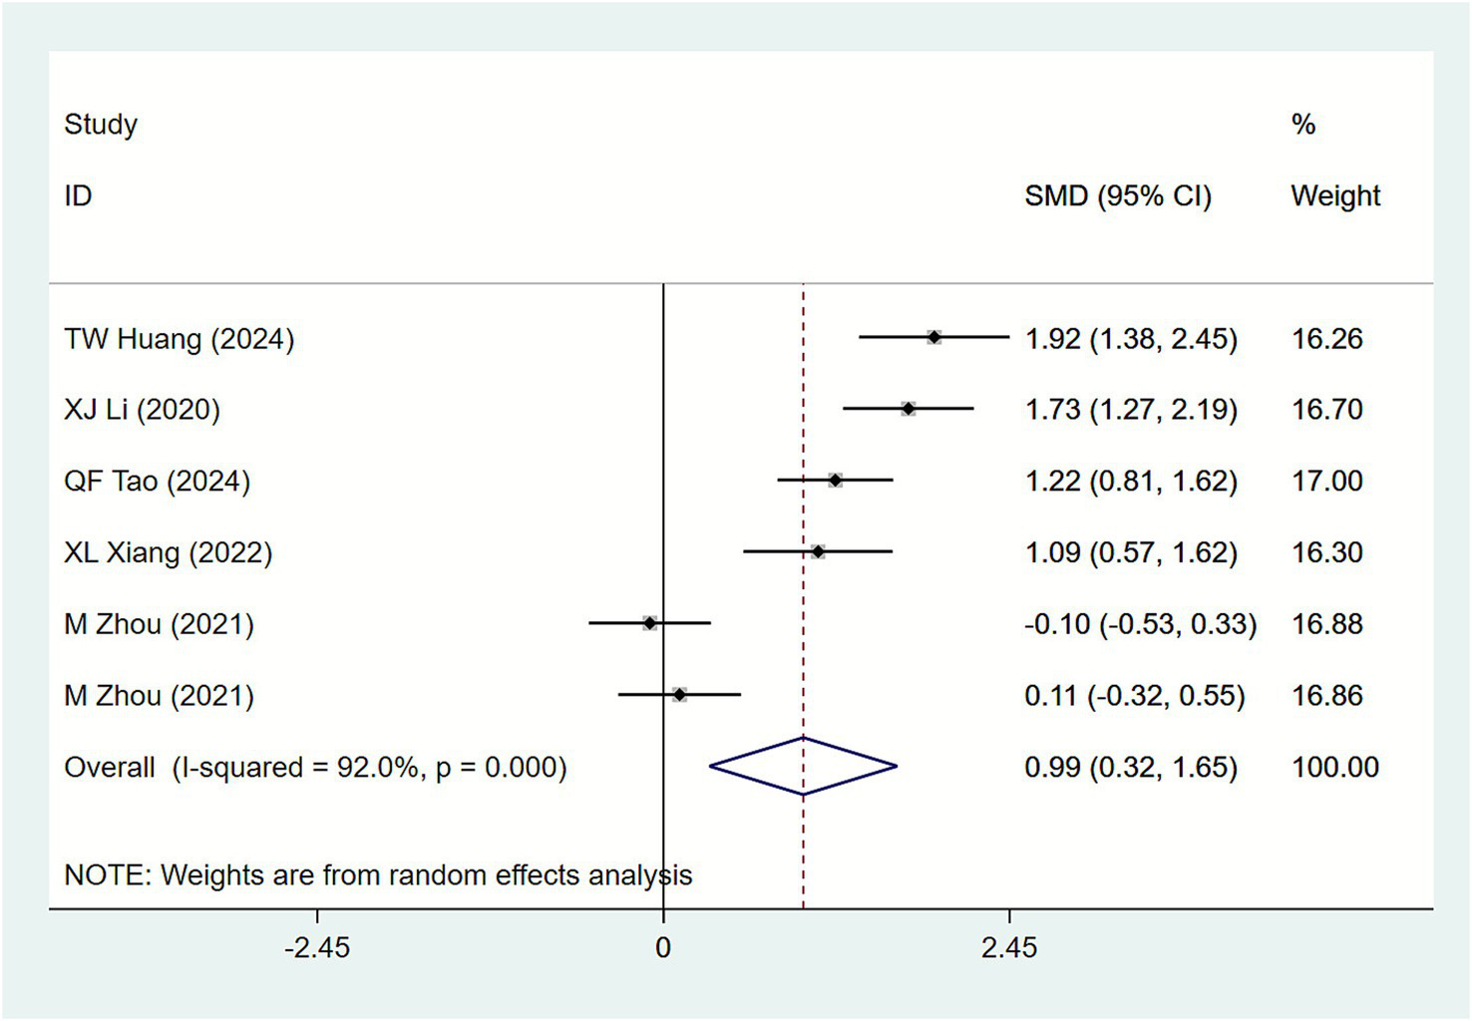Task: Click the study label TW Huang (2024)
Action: point(180,339)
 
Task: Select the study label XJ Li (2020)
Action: point(142,410)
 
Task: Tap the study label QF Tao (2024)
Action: point(157,482)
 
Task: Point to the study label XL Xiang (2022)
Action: point(168,552)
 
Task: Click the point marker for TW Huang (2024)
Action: point(933,338)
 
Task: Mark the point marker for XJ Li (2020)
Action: point(908,409)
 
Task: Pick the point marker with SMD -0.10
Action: point(649,623)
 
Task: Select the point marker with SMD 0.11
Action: point(679,694)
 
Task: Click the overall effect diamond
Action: point(803,766)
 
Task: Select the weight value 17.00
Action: point(1326,482)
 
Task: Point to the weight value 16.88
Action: point(1326,624)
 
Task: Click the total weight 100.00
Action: point(1335,767)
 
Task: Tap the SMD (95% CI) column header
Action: point(1118,196)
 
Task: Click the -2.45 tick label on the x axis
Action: point(317,947)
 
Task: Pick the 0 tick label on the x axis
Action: point(663,947)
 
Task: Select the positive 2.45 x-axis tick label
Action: point(1008,947)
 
